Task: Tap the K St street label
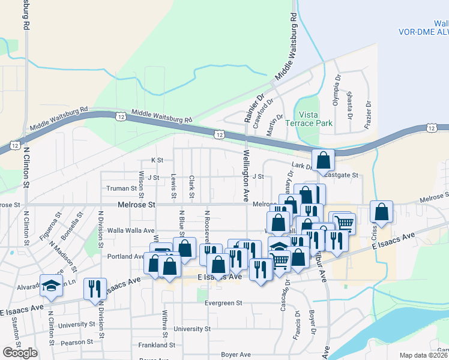(157, 160)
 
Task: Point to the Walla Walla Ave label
(131, 230)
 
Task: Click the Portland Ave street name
(124, 256)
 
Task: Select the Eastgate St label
(340, 175)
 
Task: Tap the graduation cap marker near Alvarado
(52, 286)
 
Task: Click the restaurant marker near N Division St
(95, 289)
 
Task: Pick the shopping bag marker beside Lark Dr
(323, 160)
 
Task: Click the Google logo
(20, 353)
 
